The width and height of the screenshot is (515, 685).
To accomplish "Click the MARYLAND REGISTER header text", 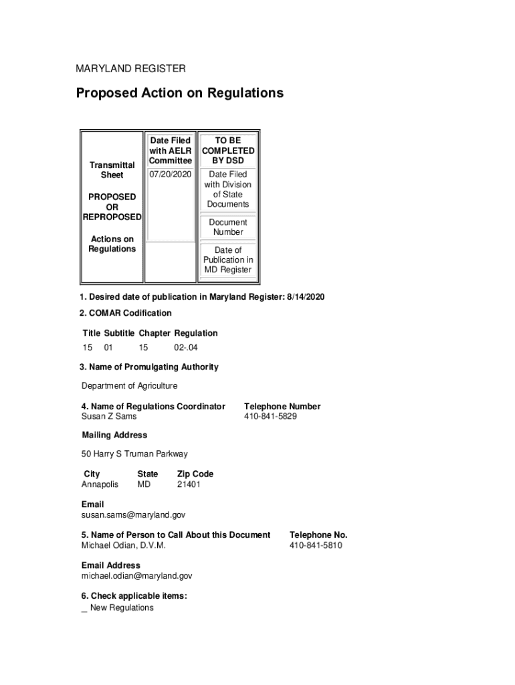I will point(130,69).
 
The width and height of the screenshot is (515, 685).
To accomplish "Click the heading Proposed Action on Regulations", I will point(179,93).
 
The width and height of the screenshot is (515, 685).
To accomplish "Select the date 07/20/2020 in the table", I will point(170,175).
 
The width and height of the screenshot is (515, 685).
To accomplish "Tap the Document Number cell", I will point(228,227).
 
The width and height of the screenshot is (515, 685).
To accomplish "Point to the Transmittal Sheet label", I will point(112,170).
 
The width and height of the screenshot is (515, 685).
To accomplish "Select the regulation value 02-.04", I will point(186,348).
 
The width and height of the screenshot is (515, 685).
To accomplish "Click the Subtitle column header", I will point(119,333).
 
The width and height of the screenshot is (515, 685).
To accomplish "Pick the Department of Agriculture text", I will point(130,386).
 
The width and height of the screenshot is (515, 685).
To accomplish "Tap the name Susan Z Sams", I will point(109,417).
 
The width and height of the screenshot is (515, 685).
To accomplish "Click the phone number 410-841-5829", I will point(270,417).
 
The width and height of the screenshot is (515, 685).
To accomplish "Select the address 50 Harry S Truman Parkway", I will point(134,454).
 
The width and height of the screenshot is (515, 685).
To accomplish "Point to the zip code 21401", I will point(189,484).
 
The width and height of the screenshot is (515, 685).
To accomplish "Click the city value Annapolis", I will point(100,484).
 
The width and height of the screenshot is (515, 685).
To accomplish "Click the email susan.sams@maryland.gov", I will point(133,515).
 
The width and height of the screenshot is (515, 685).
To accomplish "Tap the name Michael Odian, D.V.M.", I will point(123,546).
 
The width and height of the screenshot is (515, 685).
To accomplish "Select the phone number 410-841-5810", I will point(316,546).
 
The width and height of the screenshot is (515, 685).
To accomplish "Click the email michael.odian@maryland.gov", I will point(136,576).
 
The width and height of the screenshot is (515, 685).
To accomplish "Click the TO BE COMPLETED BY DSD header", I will point(228,151).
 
